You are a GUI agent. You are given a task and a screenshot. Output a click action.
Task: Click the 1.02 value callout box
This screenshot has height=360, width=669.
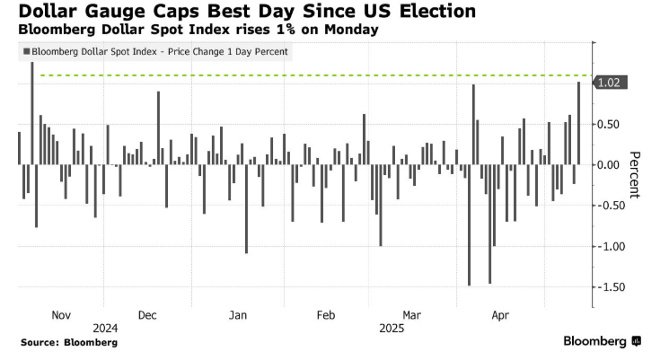pos(611,83)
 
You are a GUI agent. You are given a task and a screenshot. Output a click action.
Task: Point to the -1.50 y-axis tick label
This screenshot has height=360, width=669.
pos(612,286)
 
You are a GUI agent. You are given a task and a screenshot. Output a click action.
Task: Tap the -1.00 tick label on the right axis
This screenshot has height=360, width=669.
pos(612,246)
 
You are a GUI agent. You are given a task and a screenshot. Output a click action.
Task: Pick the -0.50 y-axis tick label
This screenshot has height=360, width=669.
pos(612,206)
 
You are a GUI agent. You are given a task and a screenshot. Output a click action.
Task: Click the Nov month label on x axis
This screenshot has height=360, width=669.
pos(61,315)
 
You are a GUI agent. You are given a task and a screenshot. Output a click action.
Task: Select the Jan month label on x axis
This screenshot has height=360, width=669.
pos(238,315)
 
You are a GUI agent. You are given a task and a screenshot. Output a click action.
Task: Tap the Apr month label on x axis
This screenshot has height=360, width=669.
pos(500,315)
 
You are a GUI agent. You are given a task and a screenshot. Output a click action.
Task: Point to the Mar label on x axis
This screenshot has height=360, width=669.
pos(411,315)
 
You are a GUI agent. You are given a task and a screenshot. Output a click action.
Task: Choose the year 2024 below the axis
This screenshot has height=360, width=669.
pos(105,328)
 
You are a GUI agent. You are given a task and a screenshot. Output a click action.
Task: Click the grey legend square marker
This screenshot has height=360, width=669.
pos(23,51)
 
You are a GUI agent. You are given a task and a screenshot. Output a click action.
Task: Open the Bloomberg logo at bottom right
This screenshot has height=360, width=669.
pos(602,341)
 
